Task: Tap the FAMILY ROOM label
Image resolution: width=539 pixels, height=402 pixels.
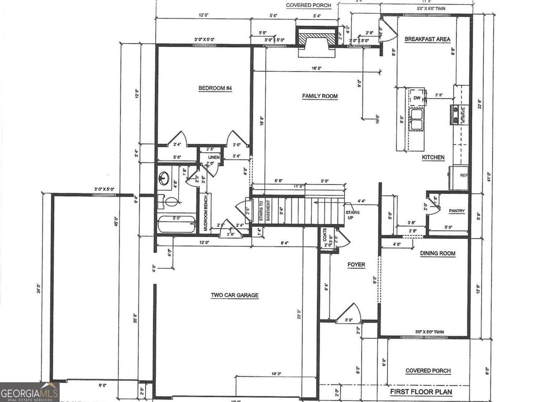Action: [x=320, y=96]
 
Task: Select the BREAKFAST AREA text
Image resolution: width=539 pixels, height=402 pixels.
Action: [x=427, y=39]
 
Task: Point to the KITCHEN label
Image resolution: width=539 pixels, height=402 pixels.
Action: [x=433, y=157]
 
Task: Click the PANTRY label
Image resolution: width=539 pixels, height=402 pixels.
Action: [x=456, y=211]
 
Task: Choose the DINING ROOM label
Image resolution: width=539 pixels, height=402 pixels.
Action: [x=437, y=253]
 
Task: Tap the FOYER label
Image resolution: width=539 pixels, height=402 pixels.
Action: [x=356, y=264]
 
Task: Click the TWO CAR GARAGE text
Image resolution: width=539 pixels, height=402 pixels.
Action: [x=234, y=296]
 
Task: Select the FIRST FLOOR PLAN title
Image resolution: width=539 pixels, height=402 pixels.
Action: [x=421, y=392]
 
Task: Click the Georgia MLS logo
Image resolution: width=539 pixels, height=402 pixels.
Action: [x=29, y=392]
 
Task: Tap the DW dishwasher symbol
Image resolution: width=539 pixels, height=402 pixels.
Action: [x=417, y=98]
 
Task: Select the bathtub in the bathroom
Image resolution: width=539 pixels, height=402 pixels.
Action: [x=176, y=225]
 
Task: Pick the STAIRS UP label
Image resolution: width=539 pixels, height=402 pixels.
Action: [x=353, y=215]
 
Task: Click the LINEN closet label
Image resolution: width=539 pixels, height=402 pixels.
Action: [x=213, y=158]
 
